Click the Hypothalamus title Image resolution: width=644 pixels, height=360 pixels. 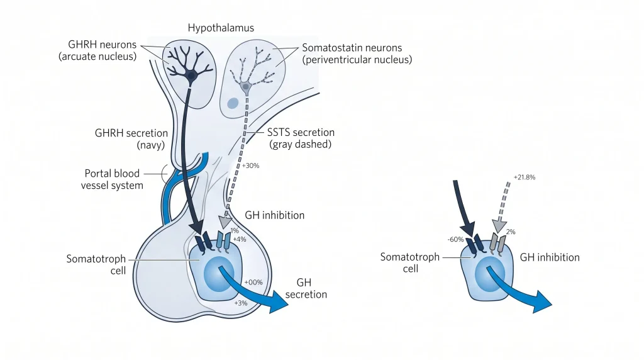221,28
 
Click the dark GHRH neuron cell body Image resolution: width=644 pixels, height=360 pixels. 191,76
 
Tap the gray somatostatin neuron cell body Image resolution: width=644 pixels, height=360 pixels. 246,87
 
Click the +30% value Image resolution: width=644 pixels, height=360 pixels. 250,166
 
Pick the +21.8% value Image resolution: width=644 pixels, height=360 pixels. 525,177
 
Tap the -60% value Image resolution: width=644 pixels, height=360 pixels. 455,239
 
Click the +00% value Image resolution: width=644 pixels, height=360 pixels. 253,283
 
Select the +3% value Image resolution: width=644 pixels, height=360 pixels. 241,303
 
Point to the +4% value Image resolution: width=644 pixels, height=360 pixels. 240,239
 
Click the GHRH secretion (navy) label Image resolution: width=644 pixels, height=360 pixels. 131,139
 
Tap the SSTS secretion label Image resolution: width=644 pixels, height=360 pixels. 301,132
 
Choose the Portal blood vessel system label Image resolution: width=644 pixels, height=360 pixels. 112,179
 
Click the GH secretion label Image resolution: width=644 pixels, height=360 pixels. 306,288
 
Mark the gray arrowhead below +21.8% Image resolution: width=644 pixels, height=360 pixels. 499,226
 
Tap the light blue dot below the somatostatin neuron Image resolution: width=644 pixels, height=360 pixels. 233,103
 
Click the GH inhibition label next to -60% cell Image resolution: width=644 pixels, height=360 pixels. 550,257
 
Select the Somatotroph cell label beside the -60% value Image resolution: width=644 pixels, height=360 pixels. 410,262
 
